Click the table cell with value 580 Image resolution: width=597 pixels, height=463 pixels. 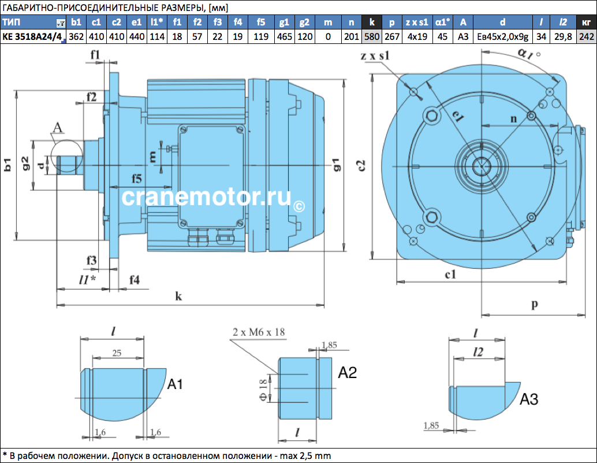point(372,36)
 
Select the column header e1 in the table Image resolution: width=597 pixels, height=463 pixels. point(137,23)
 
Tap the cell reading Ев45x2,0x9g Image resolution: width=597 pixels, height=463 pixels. point(502,36)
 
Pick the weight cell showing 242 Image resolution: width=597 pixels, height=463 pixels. point(587,36)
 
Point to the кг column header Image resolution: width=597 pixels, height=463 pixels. point(587,23)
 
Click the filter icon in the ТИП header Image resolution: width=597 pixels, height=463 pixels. point(61,24)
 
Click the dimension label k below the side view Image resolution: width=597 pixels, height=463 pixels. point(178,296)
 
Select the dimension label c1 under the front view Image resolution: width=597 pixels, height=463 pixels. point(451,275)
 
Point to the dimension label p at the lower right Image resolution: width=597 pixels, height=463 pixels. point(535,303)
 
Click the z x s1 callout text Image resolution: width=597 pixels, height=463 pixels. point(375,55)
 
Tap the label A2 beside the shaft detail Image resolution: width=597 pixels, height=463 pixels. point(347,372)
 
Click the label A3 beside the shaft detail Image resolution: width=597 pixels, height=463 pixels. point(529,399)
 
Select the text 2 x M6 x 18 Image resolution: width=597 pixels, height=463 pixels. point(259,332)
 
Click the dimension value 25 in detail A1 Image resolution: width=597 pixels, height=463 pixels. point(117,353)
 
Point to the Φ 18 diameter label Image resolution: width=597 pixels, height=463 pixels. point(263,390)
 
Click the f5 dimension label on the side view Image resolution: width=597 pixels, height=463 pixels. point(137,179)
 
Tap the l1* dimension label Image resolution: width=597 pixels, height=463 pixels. point(87,279)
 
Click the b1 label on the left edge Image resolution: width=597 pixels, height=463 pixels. point(8,165)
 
